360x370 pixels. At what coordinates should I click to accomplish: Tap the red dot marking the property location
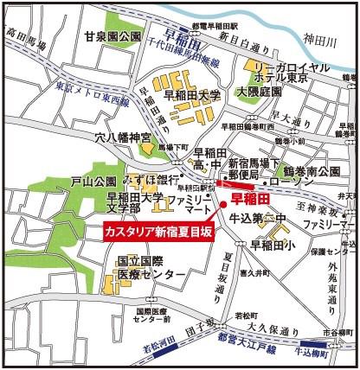(223, 204)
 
